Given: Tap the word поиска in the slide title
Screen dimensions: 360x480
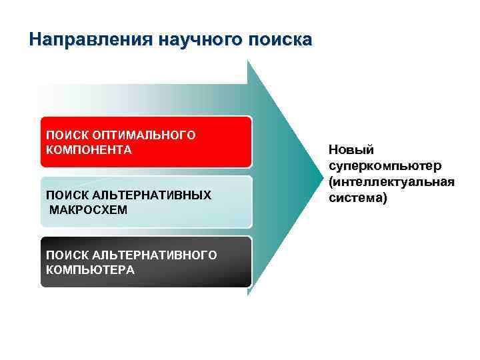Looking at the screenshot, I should pos(279,39).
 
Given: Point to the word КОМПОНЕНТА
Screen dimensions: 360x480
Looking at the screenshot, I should pos(89,149).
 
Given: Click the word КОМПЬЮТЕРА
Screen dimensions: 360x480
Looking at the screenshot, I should pos(90,269).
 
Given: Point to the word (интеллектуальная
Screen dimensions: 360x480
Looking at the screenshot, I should pos(391,182).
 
